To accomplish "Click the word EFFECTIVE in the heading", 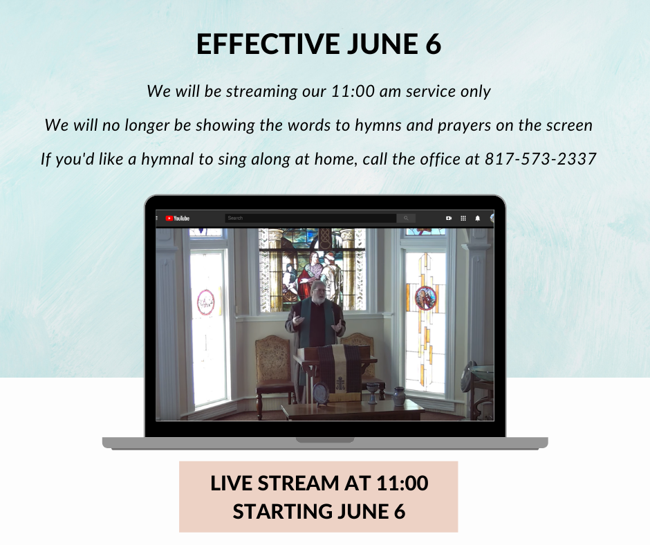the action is tap(268, 44).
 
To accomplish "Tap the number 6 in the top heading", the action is tap(433, 44).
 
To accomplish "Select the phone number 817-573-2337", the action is tap(541, 159).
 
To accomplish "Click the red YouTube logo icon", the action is tap(169, 218).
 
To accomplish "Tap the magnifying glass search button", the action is tap(406, 218).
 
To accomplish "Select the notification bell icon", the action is tap(478, 218).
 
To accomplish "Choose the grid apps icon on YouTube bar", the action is tap(463, 218).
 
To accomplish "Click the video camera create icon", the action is tap(449, 218).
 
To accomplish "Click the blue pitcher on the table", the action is tap(399, 396).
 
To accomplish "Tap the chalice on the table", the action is tap(373, 393).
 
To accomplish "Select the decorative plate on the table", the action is tap(320, 392).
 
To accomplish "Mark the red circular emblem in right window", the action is tap(426, 298).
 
